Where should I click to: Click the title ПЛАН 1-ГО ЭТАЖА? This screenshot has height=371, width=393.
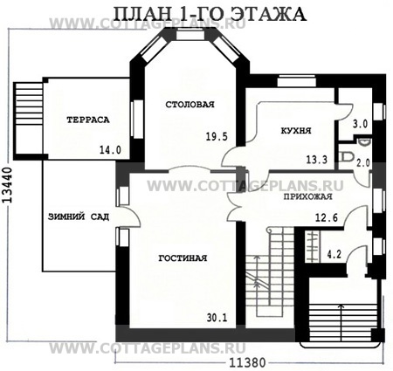tap(209, 13)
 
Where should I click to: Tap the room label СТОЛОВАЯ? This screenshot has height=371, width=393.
tap(190, 105)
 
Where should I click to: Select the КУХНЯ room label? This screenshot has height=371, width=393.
tap(296, 130)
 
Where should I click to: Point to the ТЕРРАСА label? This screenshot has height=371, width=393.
tap(88, 120)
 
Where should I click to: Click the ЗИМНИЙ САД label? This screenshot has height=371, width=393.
tap(79, 216)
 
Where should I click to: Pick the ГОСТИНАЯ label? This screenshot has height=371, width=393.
tap(183, 258)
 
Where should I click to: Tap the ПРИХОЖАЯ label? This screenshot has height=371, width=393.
tap(307, 196)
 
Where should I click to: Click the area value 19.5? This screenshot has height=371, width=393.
tap(217, 136)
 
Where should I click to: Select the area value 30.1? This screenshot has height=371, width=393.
tap(217, 318)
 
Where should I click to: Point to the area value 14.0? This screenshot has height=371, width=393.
tap(110, 150)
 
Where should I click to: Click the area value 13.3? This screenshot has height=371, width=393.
tap(317, 160)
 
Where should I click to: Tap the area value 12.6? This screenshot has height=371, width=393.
tap(327, 217)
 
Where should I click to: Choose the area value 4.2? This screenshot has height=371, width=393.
tap(334, 255)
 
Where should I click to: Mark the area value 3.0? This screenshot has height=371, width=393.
tap(360, 124)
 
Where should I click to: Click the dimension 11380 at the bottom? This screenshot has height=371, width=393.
tap(247, 363)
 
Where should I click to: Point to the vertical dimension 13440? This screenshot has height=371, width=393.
tap(8, 185)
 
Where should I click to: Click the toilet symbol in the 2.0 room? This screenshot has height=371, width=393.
tap(347, 156)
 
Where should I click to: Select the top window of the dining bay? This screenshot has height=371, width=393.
tap(190, 36)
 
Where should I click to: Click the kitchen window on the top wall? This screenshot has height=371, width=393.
tap(296, 81)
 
